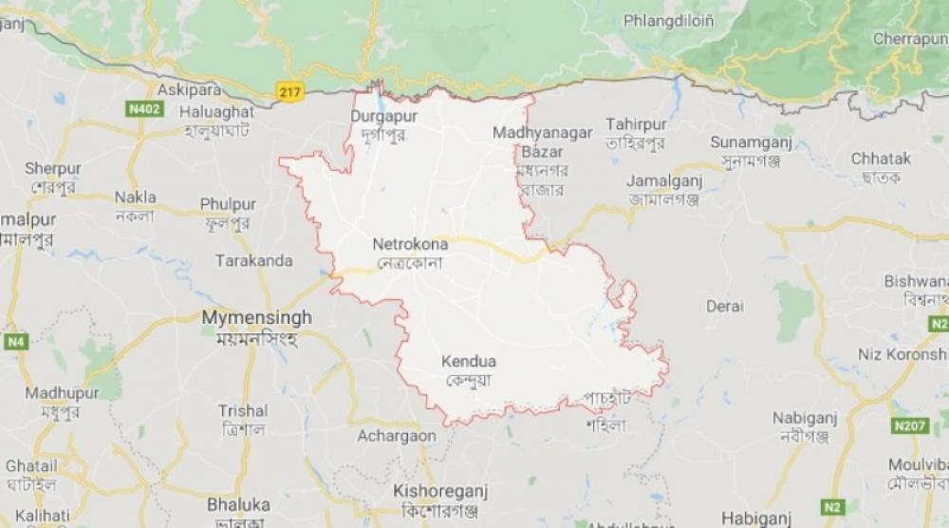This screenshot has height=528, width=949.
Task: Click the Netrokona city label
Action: click(410, 244)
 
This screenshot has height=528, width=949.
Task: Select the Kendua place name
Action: click(468, 361)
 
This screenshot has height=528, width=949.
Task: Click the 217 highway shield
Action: click(290, 90)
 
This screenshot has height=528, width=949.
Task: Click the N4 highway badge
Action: click(15, 340)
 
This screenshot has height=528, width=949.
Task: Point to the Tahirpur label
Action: click(637, 125)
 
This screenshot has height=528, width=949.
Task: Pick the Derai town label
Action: click(724, 306)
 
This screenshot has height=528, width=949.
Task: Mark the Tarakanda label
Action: click(253, 259)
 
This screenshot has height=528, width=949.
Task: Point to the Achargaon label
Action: click(397, 436)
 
